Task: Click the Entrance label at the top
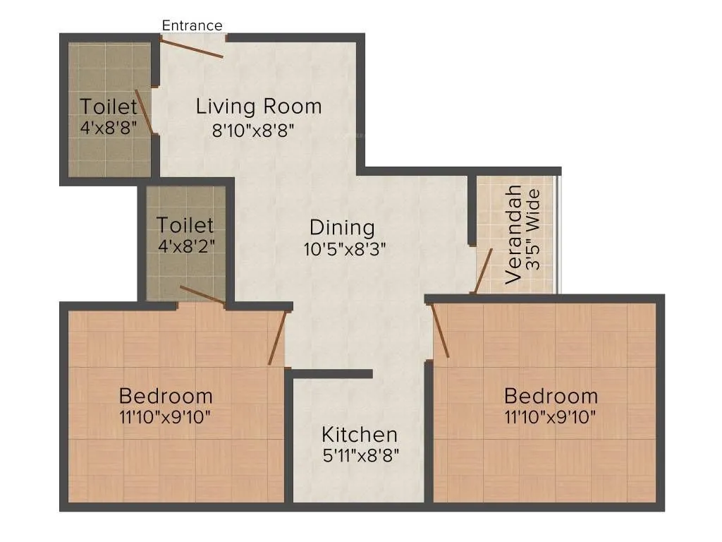(x=192, y=25)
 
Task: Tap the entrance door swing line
(x=191, y=47)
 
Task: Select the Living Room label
(x=259, y=107)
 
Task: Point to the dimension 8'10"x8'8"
(x=252, y=130)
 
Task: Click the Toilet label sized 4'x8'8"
(x=108, y=107)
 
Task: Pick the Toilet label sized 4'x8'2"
(x=185, y=225)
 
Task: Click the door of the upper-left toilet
(x=144, y=111)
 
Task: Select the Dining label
(x=342, y=228)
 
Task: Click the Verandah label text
(x=515, y=234)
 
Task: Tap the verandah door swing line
(x=483, y=270)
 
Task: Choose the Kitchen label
(x=360, y=434)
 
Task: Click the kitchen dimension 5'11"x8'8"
(x=361, y=455)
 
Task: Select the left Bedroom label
(x=166, y=395)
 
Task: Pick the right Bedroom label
(x=551, y=395)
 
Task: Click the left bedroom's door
(x=277, y=337)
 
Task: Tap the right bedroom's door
(x=439, y=330)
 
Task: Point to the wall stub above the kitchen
(x=332, y=373)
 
